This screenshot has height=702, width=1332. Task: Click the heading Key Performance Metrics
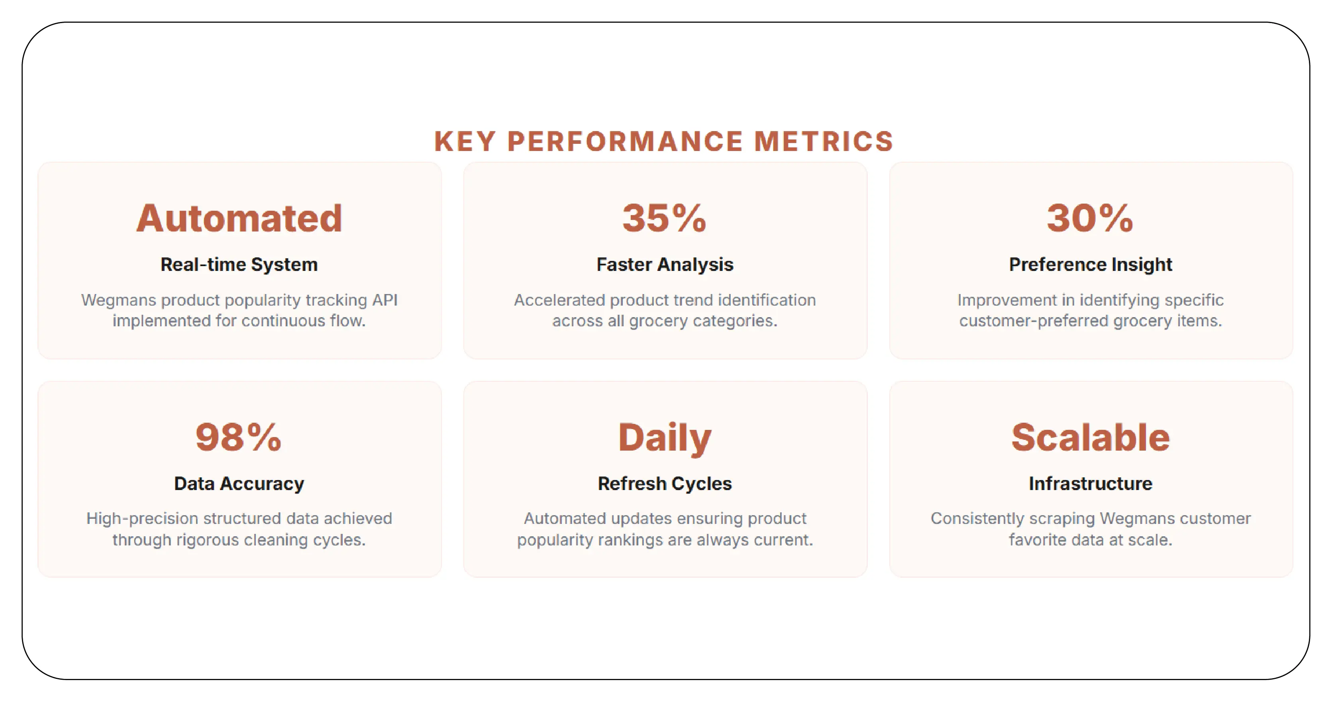(664, 141)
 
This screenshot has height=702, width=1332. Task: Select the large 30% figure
(1090, 218)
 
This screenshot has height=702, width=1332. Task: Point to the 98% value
(238, 437)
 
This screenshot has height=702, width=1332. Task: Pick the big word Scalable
(1090, 437)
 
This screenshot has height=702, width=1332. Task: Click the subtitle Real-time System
(239, 264)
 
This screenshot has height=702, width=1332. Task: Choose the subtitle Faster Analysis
(665, 264)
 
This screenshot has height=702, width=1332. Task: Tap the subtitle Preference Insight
(1090, 264)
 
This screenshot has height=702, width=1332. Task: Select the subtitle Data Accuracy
(239, 483)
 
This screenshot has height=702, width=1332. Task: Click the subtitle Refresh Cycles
(665, 483)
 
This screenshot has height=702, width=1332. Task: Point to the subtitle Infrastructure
(1090, 483)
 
